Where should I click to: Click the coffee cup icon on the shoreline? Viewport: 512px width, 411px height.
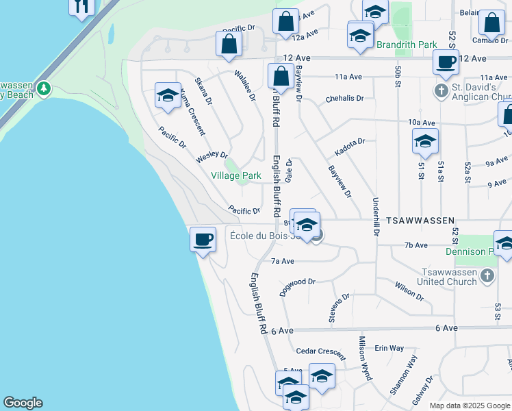(202, 240)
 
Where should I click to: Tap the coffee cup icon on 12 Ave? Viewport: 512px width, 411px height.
(446, 62)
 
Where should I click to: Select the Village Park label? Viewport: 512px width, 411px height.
(235, 176)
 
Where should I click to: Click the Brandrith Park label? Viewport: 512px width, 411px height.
(407, 45)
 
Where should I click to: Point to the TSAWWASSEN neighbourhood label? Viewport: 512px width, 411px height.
(420, 221)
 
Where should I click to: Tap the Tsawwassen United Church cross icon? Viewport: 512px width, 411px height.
(487, 275)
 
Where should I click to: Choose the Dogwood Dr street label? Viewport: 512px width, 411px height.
(297, 286)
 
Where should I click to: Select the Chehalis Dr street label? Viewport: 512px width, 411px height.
(344, 98)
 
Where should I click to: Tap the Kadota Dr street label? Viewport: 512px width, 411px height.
(350, 146)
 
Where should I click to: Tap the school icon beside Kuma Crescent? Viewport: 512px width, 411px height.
(167, 97)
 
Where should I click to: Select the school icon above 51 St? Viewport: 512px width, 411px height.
(425, 142)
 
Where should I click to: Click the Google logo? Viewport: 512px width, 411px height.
(23, 403)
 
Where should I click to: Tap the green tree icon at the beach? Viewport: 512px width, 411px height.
(44, 88)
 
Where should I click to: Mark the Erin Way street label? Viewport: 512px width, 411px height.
(389, 348)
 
